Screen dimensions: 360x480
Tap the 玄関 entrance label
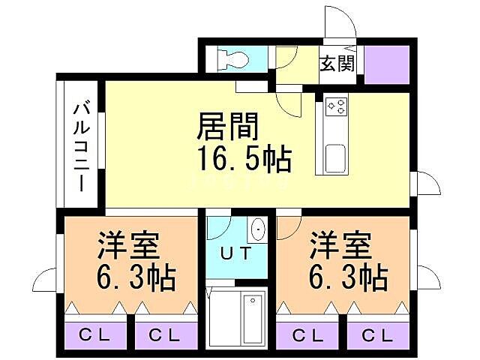pyautogui.click(x=337, y=63)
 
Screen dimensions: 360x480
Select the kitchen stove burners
pyautogui.click(x=335, y=107)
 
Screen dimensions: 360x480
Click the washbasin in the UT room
pyautogui.click(x=258, y=229)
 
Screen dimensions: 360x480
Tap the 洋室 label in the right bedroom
pyautogui.click(x=341, y=245)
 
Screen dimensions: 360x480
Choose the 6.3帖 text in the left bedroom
pyautogui.click(x=135, y=279)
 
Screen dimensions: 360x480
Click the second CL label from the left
pyautogui.click(x=164, y=335)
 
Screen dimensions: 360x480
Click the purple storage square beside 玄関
pyautogui.click(x=387, y=64)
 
